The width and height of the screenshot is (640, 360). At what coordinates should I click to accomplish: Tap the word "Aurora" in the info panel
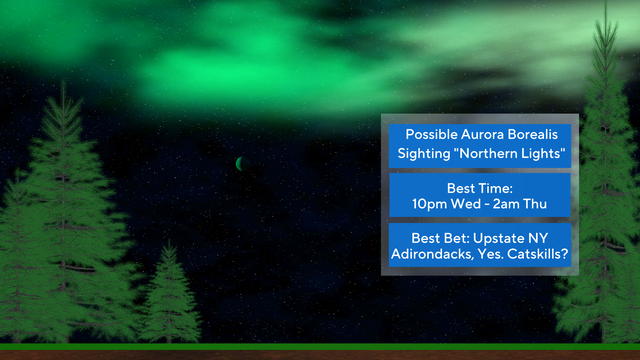point(483,135)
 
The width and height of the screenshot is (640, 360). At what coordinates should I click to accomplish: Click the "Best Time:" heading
point(479,187)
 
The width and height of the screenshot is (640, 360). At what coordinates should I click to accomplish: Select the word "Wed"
point(467,204)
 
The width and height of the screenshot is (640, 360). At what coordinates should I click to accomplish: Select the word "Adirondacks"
point(429,256)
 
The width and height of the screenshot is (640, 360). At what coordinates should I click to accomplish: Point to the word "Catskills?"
point(539,256)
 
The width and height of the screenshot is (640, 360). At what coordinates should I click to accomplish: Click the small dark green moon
point(240,163)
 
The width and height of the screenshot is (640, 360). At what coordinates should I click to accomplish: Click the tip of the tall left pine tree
point(65,84)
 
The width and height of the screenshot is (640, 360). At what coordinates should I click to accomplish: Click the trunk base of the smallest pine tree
point(170,338)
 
